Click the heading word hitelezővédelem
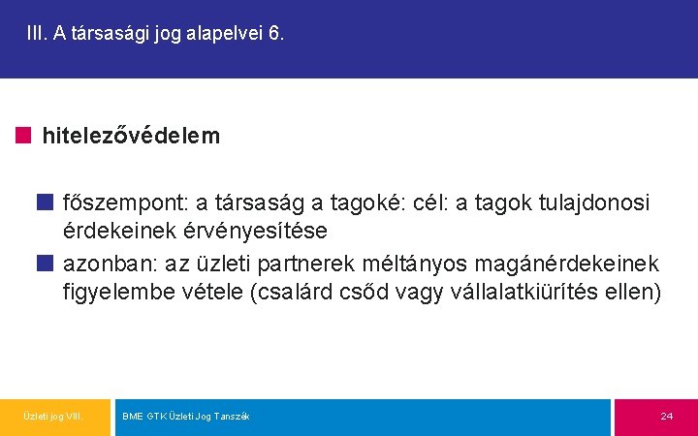click(131, 137)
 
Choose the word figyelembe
click(122, 293)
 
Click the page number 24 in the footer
click(666, 417)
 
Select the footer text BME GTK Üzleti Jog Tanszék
click(186, 417)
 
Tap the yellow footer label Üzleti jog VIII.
click(53, 417)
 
